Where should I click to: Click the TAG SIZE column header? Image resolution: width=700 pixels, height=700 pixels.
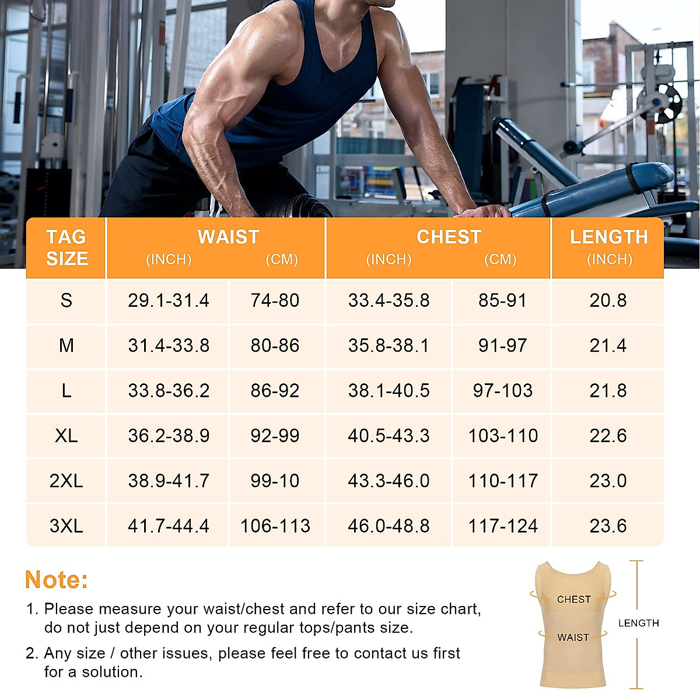[x=66, y=247]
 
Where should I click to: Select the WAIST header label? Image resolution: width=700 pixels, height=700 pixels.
[x=228, y=237]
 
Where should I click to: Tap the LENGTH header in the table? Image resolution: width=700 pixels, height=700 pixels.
[x=608, y=237]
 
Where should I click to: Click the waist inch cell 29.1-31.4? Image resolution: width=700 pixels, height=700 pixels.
[x=169, y=300]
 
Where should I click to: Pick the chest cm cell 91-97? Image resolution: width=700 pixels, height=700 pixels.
[x=502, y=345]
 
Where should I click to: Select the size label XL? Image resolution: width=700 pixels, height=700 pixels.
[x=66, y=436]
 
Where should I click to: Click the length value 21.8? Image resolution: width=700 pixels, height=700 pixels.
[x=608, y=391]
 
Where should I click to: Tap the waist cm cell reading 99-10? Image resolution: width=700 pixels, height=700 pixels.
[x=275, y=481]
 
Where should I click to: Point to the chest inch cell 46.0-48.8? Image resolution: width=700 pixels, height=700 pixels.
[x=388, y=526]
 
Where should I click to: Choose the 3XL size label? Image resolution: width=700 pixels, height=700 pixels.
[x=66, y=526]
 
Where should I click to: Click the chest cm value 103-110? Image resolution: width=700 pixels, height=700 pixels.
[x=503, y=436]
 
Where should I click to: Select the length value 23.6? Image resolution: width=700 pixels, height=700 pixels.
[x=608, y=526]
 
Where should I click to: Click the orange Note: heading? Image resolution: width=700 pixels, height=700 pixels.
[x=57, y=580]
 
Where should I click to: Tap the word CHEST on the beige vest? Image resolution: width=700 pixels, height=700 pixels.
[x=573, y=599]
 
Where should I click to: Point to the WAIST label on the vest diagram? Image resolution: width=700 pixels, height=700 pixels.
[x=573, y=638]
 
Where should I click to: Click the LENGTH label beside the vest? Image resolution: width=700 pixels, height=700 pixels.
[x=638, y=623]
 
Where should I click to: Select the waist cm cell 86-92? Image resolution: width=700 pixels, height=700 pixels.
[x=275, y=391]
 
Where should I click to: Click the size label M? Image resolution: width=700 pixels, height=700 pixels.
[x=66, y=345]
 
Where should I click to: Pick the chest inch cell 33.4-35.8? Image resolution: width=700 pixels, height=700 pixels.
[x=388, y=300]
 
